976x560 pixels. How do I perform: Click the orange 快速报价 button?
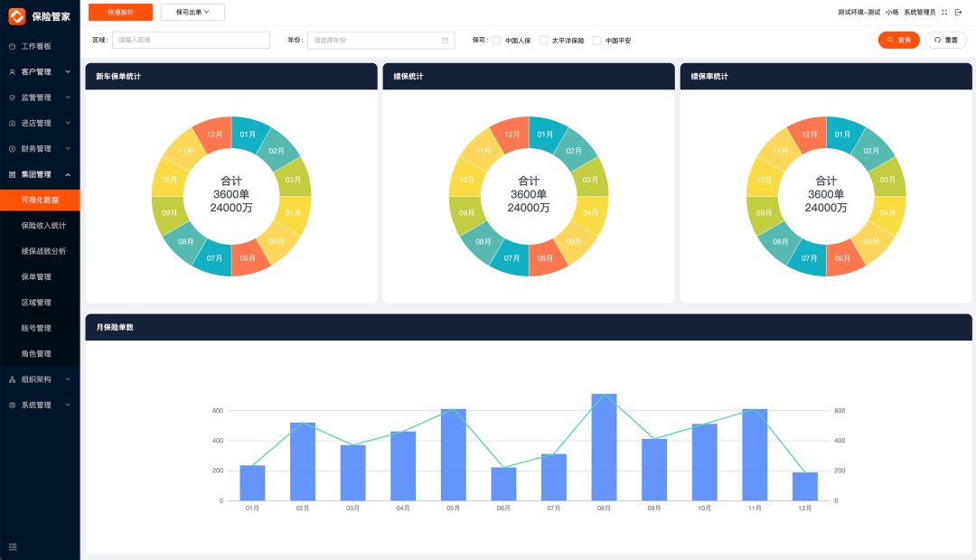120,12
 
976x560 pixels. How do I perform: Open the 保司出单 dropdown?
192,12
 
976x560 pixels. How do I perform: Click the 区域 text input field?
191,40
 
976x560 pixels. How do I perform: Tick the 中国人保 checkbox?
496,41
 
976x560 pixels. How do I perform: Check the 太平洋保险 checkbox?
543,41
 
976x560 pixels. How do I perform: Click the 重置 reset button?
945,40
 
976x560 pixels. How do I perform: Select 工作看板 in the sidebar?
36,46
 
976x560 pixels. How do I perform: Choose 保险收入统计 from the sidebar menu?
43,225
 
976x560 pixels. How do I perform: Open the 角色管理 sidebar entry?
36,353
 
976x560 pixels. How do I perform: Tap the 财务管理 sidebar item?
36,148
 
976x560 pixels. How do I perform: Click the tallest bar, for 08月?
604,447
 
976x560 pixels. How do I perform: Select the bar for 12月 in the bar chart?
805,486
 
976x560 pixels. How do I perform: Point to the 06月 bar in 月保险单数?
503,483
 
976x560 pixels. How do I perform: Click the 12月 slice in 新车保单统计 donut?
214,135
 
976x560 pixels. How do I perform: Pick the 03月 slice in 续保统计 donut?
590,179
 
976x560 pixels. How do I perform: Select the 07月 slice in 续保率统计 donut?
809,257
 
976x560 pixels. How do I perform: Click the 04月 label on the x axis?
403,509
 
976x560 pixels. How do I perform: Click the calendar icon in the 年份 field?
445,40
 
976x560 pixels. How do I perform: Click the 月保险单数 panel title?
115,327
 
